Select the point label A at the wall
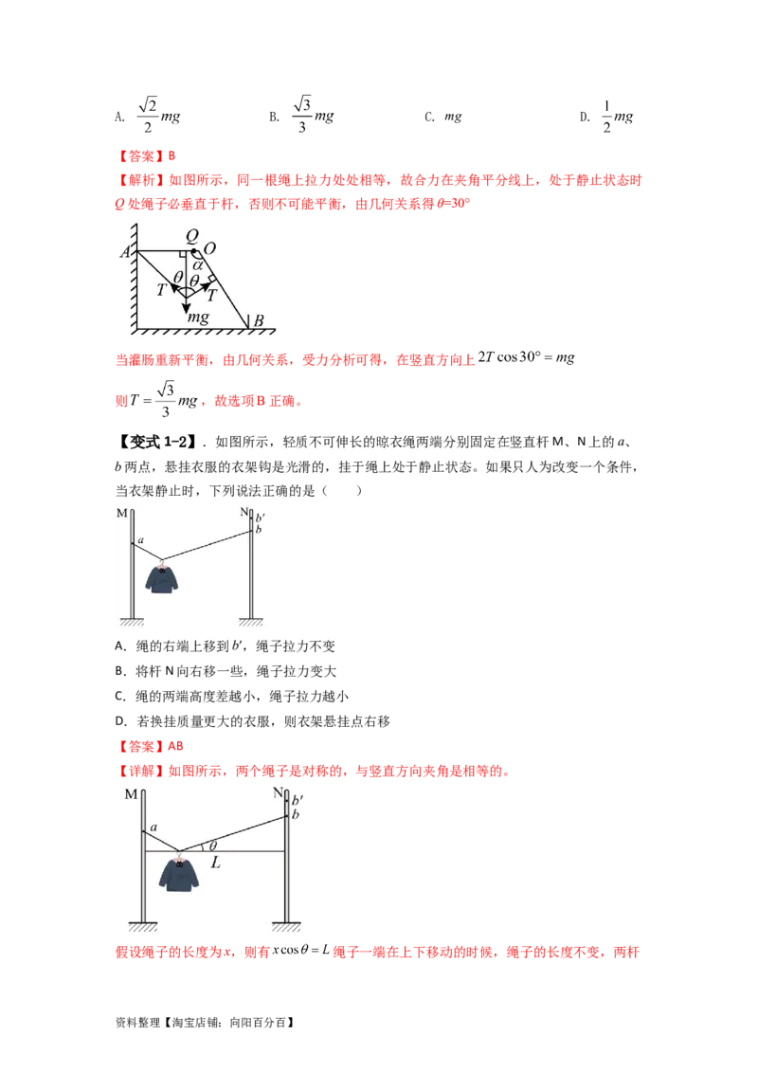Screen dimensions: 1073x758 tap(125, 251)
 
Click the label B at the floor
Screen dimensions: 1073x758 tap(257, 320)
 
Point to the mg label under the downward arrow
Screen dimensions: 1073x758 tap(197, 318)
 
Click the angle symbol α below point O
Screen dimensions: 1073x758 tap(198, 265)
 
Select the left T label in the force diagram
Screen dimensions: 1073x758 tap(163, 290)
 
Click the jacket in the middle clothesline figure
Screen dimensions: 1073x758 tap(163, 578)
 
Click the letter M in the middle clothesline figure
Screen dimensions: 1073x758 tap(122, 513)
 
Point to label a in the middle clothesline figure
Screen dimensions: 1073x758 tap(140, 540)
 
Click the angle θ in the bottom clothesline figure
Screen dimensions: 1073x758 tap(212, 846)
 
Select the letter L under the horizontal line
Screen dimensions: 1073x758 tap(216, 864)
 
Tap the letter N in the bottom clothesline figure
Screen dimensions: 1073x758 tap(277, 792)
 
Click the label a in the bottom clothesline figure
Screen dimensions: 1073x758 tap(153, 827)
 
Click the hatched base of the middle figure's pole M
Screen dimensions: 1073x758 tap(129, 623)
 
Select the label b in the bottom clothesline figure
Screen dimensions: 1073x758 tap(296, 814)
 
